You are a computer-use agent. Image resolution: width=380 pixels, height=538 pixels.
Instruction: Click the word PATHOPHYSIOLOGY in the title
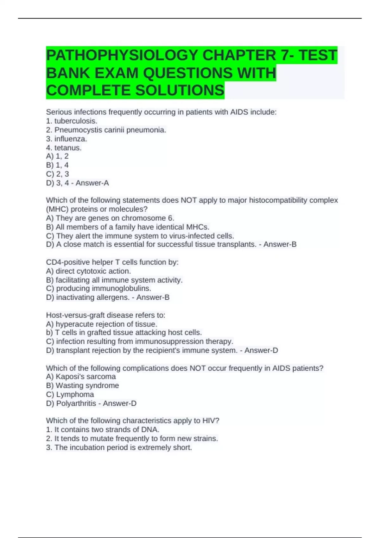122,55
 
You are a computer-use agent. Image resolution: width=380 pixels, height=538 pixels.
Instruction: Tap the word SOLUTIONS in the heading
180,91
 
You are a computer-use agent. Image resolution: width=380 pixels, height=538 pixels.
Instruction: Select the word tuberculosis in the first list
75,121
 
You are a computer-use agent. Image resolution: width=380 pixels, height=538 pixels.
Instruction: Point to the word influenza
70,139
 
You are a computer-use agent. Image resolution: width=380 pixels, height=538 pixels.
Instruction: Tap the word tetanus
68,147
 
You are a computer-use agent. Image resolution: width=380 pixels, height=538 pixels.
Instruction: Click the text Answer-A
92,183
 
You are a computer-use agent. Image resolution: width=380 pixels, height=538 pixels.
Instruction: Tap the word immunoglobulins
121,288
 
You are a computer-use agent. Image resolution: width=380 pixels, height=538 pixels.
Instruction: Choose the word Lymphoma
75,394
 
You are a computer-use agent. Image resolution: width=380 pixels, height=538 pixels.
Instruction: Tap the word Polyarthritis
76,403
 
